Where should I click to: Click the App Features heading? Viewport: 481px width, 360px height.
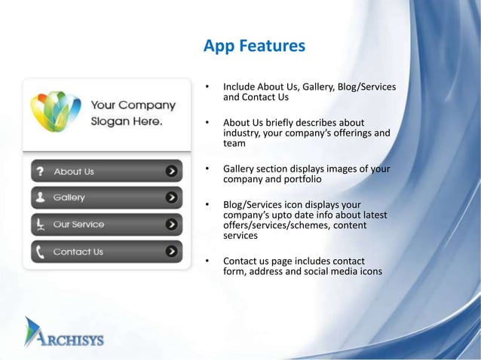coord(254,47)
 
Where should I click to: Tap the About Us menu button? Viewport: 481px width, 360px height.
coord(106,171)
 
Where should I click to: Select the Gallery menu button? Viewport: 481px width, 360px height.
coord(106,197)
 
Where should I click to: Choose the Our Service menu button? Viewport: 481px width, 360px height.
coord(106,224)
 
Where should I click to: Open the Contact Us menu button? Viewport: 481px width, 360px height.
coord(106,252)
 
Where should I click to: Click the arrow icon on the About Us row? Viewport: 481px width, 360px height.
coord(173,171)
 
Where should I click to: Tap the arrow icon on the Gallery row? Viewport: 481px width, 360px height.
coord(173,197)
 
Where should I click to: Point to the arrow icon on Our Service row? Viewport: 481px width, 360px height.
coord(173,224)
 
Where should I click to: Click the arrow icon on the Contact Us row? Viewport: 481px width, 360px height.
coord(173,252)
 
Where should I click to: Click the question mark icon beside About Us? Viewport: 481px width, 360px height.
coord(40,171)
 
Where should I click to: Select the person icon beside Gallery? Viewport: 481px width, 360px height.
coord(40,197)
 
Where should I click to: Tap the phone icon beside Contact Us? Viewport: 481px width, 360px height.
coord(40,252)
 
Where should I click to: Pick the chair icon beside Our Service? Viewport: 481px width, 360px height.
coord(40,224)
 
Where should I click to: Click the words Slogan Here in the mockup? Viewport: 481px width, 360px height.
coord(126,121)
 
